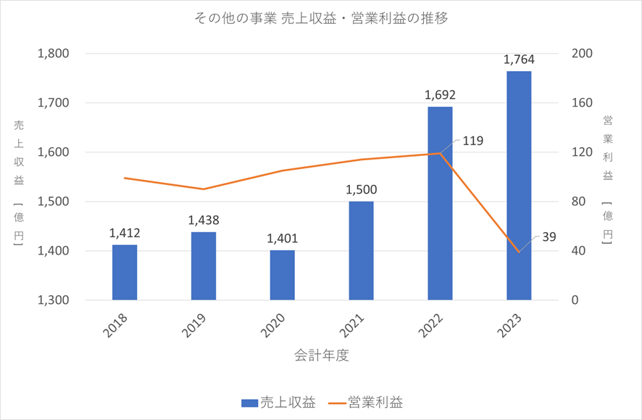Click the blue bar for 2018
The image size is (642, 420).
[125, 272]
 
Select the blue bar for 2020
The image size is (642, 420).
[283, 275]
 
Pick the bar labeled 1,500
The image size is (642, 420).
[362, 250]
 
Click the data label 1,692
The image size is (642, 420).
[440, 94]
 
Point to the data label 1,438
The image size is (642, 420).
[204, 220]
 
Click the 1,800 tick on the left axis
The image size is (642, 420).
[54, 54]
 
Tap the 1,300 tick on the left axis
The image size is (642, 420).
[54, 300]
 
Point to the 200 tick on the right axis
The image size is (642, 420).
[581, 54]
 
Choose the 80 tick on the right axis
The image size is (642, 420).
[578, 202]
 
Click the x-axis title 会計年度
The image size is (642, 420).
[322, 355]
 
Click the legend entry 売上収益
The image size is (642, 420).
[278, 403]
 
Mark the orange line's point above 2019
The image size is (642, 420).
[204, 189]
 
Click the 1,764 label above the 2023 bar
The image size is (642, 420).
[519, 59]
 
